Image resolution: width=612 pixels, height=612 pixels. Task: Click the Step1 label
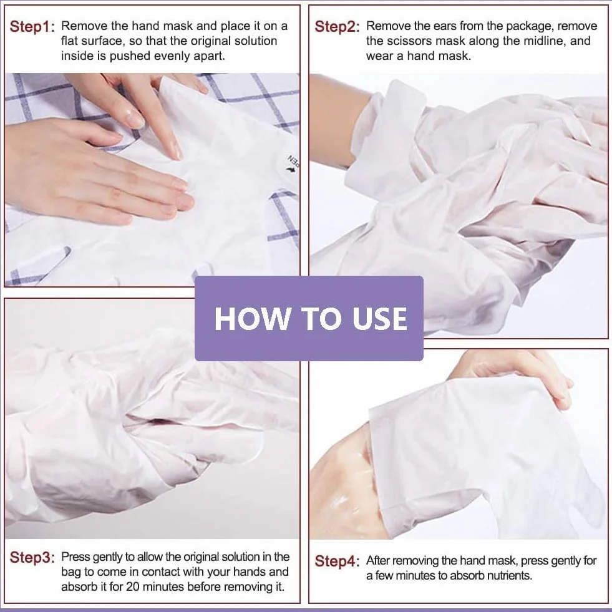pos(32,27)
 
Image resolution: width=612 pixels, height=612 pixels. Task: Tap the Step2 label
pos(338,27)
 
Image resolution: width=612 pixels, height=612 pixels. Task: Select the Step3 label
pos(32,557)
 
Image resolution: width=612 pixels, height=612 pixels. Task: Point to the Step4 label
pos(338,561)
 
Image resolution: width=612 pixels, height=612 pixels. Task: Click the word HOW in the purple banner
pos(251,319)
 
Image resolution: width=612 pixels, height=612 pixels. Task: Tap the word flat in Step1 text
pos(69,41)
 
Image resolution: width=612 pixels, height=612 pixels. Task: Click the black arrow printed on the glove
pos(290,170)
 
